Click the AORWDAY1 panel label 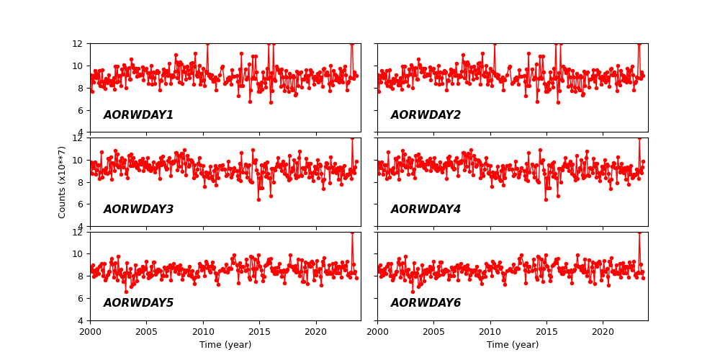point(138,115)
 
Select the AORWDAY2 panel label point(426,115)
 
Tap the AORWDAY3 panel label point(138,210)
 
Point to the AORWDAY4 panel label point(426,210)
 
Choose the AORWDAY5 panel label point(138,303)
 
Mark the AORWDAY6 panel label point(426,303)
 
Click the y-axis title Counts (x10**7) point(62,181)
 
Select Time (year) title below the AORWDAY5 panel point(225,345)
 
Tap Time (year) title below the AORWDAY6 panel point(513,345)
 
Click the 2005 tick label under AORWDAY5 point(146,332)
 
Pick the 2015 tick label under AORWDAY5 point(259,332)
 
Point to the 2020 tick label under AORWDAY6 point(603,332)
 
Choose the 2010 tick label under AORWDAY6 point(490,332)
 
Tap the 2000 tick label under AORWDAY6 point(377,332)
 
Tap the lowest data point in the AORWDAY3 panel point(258,199)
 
